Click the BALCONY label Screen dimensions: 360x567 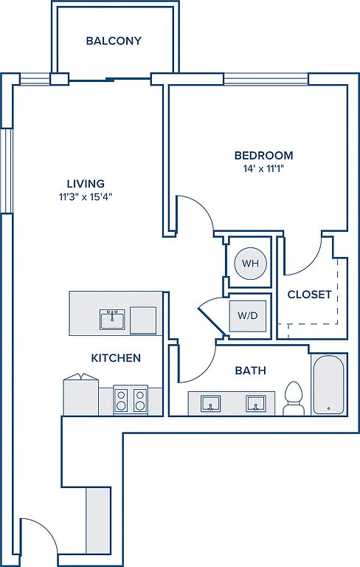114,41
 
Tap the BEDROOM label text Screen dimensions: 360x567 264,156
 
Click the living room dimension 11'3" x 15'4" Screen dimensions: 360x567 86,197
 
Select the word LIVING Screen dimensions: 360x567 86,184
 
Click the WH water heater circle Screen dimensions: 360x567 251,264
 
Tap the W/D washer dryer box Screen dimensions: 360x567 248,315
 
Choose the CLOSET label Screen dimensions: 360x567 309,295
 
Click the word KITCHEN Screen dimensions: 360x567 116,358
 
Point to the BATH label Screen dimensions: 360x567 251,371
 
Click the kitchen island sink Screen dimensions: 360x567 112,319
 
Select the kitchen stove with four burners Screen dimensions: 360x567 131,399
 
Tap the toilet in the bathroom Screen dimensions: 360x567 293,398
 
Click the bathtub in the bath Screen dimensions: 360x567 328,385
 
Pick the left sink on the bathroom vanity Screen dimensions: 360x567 211,404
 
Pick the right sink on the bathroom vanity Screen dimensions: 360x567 256,404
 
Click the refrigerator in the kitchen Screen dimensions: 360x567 81,395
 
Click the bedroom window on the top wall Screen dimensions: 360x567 266,79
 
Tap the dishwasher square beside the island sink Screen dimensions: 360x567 144,320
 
